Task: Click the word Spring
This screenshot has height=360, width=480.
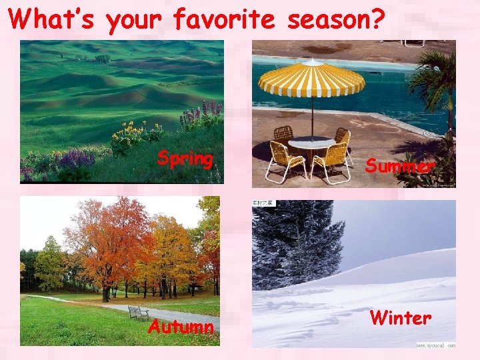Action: pyautogui.click(x=185, y=159)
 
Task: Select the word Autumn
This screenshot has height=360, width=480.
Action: pyautogui.click(x=181, y=327)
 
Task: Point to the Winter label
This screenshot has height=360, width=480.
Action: pyautogui.click(x=400, y=317)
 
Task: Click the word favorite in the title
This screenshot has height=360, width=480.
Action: pyautogui.click(x=224, y=21)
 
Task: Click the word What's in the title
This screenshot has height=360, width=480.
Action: pyautogui.click(x=53, y=19)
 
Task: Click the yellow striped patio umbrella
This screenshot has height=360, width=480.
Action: pyautogui.click(x=311, y=79)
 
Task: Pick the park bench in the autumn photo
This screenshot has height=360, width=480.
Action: pyautogui.click(x=138, y=312)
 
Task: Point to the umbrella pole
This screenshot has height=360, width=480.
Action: pyautogui.click(x=312, y=117)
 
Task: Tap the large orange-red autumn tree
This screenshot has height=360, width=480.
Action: pyautogui.click(x=107, y=240)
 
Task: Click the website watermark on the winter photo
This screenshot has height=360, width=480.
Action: pyautogui.click(x=435, y=345)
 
